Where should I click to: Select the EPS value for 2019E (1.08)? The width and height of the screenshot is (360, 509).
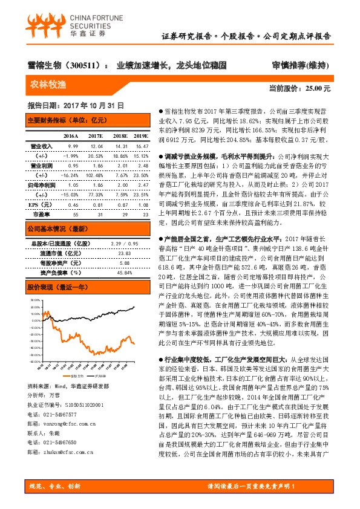[142, 206]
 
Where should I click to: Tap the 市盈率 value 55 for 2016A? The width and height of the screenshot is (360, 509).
[74, 215]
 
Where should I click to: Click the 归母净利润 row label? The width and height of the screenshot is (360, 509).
[42, 185]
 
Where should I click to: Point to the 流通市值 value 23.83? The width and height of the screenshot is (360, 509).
[125, 253]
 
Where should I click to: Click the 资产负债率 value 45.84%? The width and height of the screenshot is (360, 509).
[123, 273]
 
